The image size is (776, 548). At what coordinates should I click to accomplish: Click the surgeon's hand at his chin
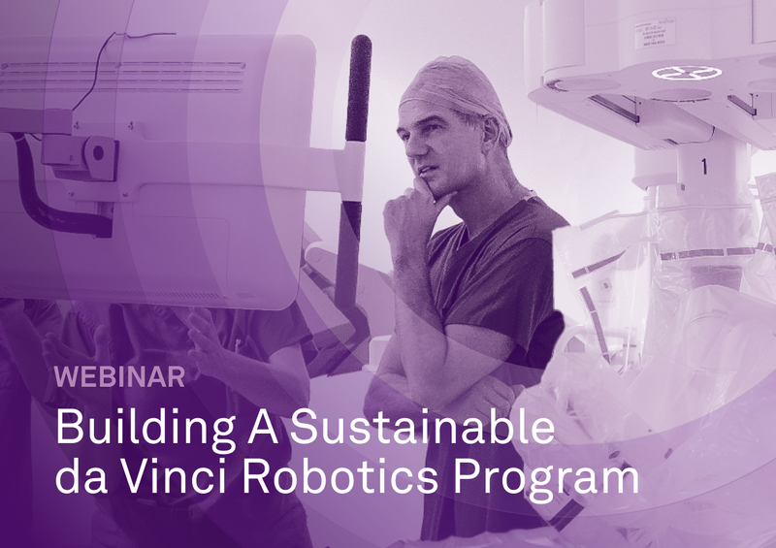[412, 199]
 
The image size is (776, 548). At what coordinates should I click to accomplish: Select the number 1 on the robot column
[704, 167]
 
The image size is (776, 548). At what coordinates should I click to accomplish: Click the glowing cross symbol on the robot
[676, 72]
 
